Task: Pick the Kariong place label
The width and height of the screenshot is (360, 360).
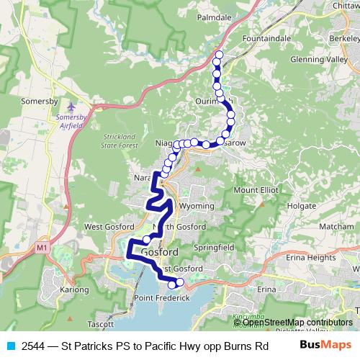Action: coord(75,289)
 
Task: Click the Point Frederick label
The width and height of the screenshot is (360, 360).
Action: coord(162,298)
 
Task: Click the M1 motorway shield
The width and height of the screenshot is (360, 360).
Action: coord(41,248)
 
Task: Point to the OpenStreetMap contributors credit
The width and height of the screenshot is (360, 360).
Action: coord(297,322)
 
